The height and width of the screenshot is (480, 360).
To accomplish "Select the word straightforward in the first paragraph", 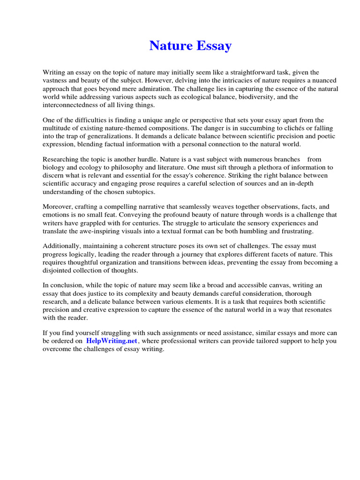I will pos(255,72).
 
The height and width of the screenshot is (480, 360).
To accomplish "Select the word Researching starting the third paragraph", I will pos(60,159).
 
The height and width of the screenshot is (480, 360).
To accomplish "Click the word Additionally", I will pos(62,246).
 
